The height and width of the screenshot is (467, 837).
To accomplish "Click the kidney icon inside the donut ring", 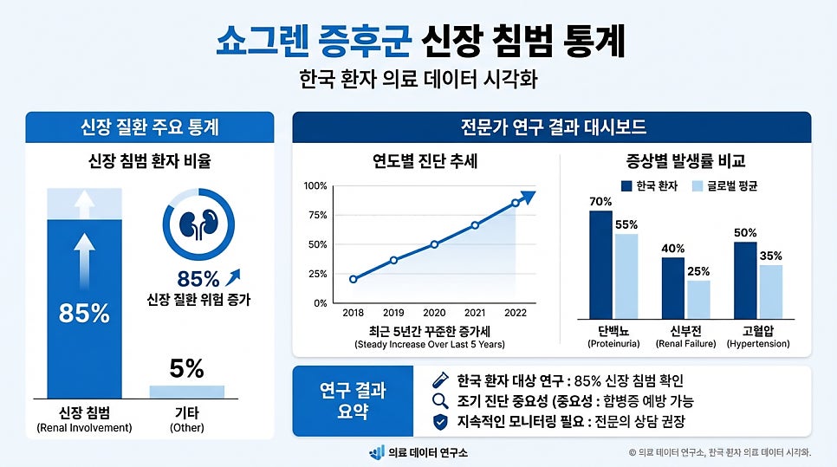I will [198, 225].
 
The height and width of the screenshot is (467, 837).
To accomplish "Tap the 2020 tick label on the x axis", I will [434, 313].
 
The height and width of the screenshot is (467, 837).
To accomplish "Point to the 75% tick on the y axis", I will [316, 216].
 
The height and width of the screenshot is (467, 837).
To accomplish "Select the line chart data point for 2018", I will [353, 279].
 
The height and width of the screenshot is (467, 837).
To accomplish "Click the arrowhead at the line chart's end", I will [528, 197].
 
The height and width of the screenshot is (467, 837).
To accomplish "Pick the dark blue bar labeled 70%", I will [600, 264].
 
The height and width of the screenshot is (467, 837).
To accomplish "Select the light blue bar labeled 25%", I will [697, 299].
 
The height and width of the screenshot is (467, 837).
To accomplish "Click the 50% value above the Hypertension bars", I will [744, 233].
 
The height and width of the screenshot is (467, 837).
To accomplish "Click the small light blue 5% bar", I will [186, 392].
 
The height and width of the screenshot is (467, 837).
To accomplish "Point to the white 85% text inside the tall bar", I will [84, 314].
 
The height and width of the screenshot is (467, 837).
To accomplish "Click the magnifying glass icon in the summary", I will [439, 401].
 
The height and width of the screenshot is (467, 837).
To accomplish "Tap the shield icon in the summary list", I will [439, 423].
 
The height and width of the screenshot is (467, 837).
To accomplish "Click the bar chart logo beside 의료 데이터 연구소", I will [376, 452].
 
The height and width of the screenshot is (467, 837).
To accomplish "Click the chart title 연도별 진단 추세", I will [425, 161].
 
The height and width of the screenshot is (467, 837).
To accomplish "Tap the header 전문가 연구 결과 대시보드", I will [553, 127].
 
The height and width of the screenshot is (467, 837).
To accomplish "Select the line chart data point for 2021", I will [475, 225].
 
